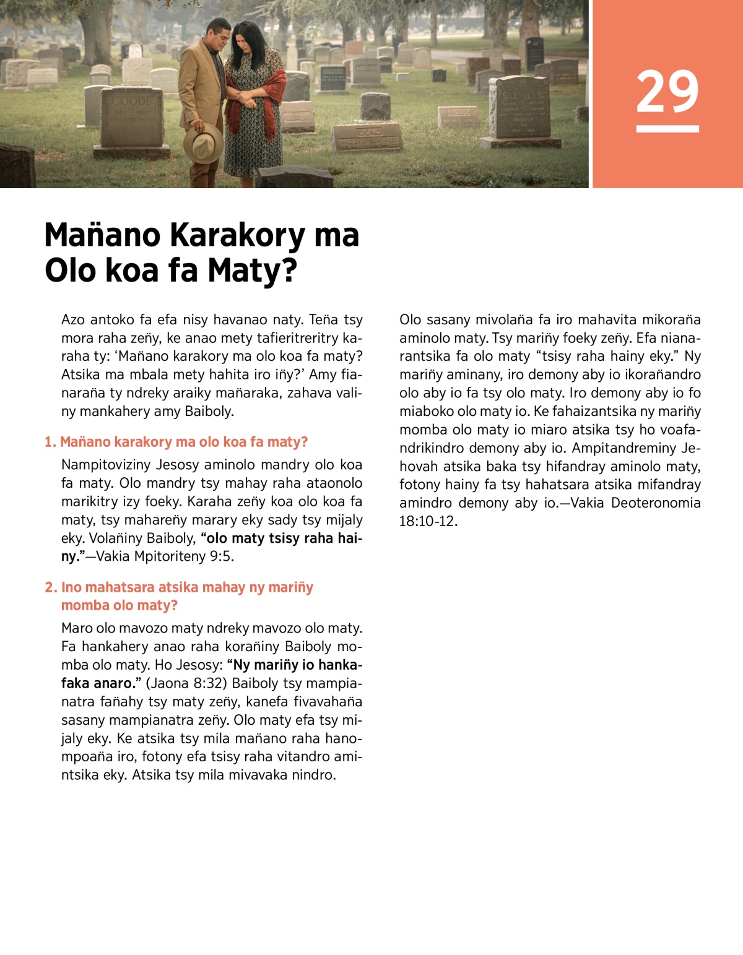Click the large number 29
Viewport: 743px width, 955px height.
(x=667, y=92)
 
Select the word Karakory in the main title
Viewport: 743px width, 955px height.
(x=237, y=236)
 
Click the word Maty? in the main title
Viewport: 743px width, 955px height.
(x=252, y=271)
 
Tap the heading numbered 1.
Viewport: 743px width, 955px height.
(x=176, y=442)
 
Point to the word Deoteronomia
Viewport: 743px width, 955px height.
(x=656, y=503)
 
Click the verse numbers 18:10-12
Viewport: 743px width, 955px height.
(x=428, y=521)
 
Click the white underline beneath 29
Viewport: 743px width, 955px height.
(x=667, y=129)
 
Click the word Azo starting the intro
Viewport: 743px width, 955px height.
(x=73, y=320)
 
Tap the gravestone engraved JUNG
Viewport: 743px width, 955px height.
(x=368, y=137)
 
